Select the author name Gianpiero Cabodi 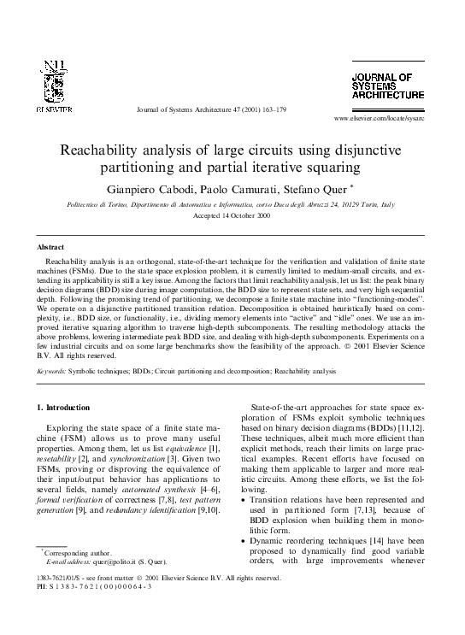click(x=147, y=188)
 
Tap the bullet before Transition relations click(x=248, y=498)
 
